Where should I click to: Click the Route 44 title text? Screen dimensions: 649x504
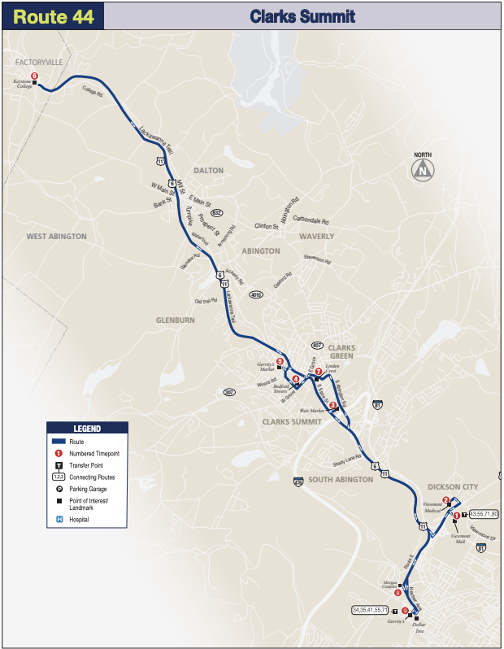53,15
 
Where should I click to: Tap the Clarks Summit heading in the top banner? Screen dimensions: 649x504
302,15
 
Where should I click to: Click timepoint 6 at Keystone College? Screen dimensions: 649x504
34,76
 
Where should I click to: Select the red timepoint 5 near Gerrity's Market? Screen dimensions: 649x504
280,361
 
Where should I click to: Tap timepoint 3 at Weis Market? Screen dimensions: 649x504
332,405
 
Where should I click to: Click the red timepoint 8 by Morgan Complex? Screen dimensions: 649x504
398,593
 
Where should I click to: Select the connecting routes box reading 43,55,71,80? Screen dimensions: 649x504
484,514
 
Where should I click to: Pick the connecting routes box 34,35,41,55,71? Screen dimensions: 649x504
371,609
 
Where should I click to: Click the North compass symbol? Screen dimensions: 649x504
423,170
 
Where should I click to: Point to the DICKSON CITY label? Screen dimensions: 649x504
453,486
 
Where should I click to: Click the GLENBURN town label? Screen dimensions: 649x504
175,320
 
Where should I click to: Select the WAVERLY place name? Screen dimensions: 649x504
315,237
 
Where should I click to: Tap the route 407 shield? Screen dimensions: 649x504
318,345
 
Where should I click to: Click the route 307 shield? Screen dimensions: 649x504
230,393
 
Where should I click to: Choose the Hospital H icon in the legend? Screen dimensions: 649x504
59,519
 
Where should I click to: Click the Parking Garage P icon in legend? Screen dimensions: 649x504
59,489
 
